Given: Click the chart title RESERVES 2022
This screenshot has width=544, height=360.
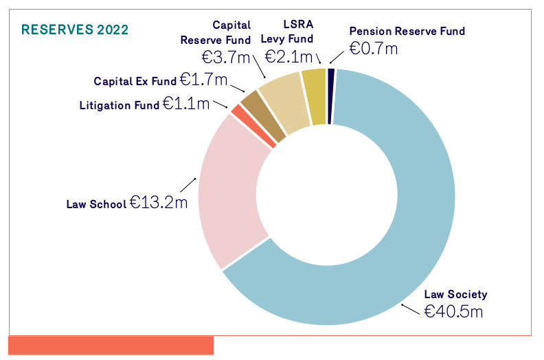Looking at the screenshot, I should pos(75,30).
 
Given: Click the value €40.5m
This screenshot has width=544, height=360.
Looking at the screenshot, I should pos(453,311).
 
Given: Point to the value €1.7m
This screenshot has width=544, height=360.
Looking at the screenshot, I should pos(203,80).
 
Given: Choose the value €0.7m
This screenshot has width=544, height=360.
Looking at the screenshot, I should pos(373,48).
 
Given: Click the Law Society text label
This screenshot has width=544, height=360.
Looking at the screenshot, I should pos(455,294).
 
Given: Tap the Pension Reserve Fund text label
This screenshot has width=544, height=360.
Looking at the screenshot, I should pos(407,31).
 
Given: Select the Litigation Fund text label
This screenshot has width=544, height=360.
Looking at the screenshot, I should pos(120,105).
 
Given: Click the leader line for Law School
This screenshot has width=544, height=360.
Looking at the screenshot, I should pos(188,185).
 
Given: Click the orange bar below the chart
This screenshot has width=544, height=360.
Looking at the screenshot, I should pos(111,345).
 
